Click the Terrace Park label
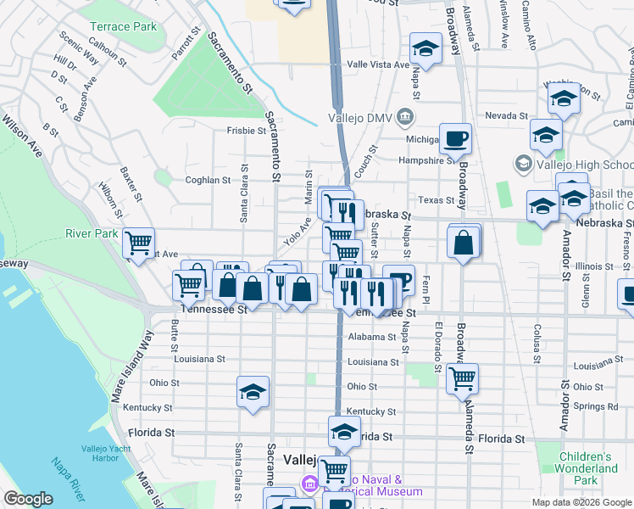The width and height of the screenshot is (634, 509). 123,26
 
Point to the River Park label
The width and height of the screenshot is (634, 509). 92,233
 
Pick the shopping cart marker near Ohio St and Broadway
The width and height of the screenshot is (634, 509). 462,378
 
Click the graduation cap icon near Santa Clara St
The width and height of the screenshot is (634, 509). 253,392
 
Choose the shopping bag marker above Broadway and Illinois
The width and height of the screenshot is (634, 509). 464,243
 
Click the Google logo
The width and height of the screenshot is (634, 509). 28,499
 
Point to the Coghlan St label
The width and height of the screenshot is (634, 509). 208,180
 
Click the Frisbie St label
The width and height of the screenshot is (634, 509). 246,131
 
